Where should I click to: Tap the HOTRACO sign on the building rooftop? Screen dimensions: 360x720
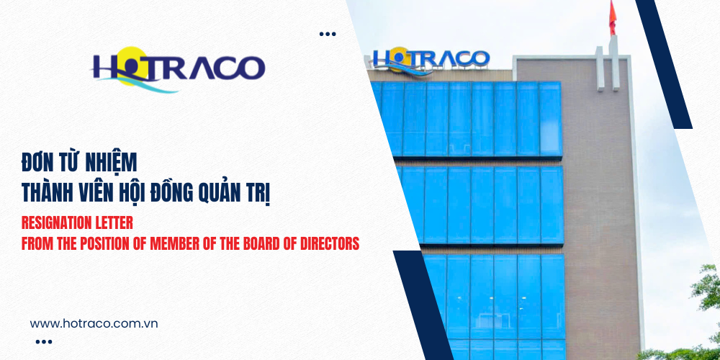pyautogui.click(x=431, y=58)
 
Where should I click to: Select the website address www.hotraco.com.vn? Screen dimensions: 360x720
pyautogui.click(x=94, y=323)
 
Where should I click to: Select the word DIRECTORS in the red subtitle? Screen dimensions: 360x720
pyautogui.click(x=328, y=244)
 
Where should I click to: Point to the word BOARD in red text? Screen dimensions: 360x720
pyautogui.click(x=265, y=244)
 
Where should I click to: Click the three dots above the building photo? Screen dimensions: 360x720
pyautogui.click(x=328, y=34)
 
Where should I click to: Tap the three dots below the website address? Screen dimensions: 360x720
pyautogui.click(x=43, y=342)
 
